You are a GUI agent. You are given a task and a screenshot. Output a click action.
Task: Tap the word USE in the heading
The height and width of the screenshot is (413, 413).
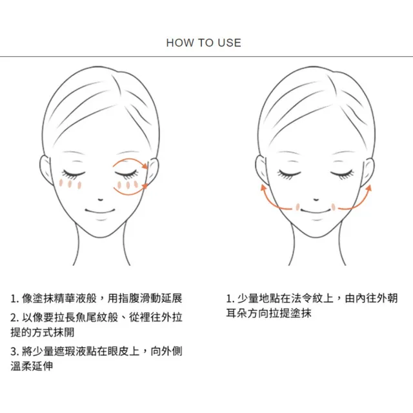[x=230, y=43]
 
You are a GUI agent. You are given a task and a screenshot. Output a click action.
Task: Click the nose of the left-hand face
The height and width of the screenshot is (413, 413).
[x=101, y=199]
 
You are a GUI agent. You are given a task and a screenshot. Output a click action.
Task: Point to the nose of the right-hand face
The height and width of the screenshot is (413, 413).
[x=316, y=199]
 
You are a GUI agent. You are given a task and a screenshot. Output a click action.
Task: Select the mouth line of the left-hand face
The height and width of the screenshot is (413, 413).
[x=100, y=211]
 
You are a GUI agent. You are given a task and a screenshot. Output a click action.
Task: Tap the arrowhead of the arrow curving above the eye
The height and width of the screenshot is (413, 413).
[x=145, y=166]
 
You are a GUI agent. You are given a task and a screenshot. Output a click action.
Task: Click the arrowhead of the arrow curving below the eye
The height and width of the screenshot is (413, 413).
[x=145, y=186]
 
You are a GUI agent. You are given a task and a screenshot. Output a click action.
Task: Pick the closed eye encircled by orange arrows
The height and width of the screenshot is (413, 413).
[x=126, y=174]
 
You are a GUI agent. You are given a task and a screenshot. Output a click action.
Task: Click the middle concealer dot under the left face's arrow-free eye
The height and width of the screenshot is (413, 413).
[x=70, y=184]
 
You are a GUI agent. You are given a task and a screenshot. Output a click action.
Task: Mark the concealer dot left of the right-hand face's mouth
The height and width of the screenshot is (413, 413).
[x=297, y=207]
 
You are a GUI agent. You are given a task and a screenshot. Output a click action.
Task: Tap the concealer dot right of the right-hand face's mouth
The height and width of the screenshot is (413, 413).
[x=333, y=207]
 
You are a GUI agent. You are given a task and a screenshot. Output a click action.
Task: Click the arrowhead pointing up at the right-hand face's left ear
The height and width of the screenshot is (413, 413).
[x=263, y=187]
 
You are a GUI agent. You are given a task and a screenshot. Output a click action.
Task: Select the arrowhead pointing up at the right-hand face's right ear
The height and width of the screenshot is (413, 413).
[x=368, y=188]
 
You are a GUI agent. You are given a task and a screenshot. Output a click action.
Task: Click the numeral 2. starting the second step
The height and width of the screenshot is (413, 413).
[x=14, y=317]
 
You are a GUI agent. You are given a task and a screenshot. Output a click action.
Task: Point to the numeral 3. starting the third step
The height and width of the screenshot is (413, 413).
[x=14, y=351]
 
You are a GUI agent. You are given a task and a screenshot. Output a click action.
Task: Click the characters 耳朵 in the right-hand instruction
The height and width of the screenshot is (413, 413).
[x=237, y=313]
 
